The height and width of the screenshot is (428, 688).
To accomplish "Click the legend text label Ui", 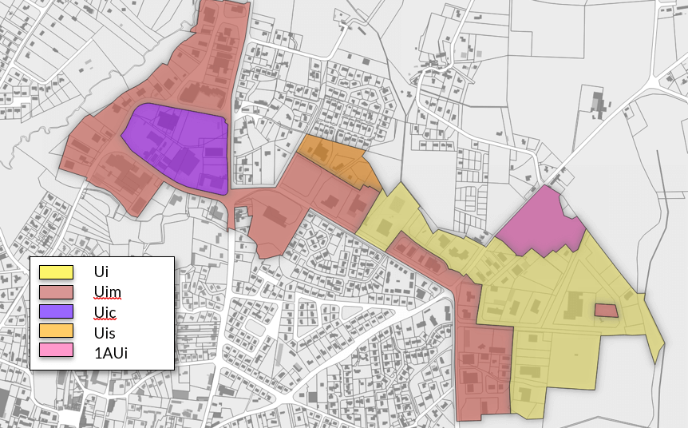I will tap(101, 272).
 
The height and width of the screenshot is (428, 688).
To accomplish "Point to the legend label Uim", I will tap(107, 291).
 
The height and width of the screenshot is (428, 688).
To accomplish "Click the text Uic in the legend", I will tap(105, 311).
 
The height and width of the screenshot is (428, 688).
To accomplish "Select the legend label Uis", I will tap(105, 331).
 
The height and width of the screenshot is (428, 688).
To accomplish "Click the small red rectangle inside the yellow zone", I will tap(606, 310).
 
